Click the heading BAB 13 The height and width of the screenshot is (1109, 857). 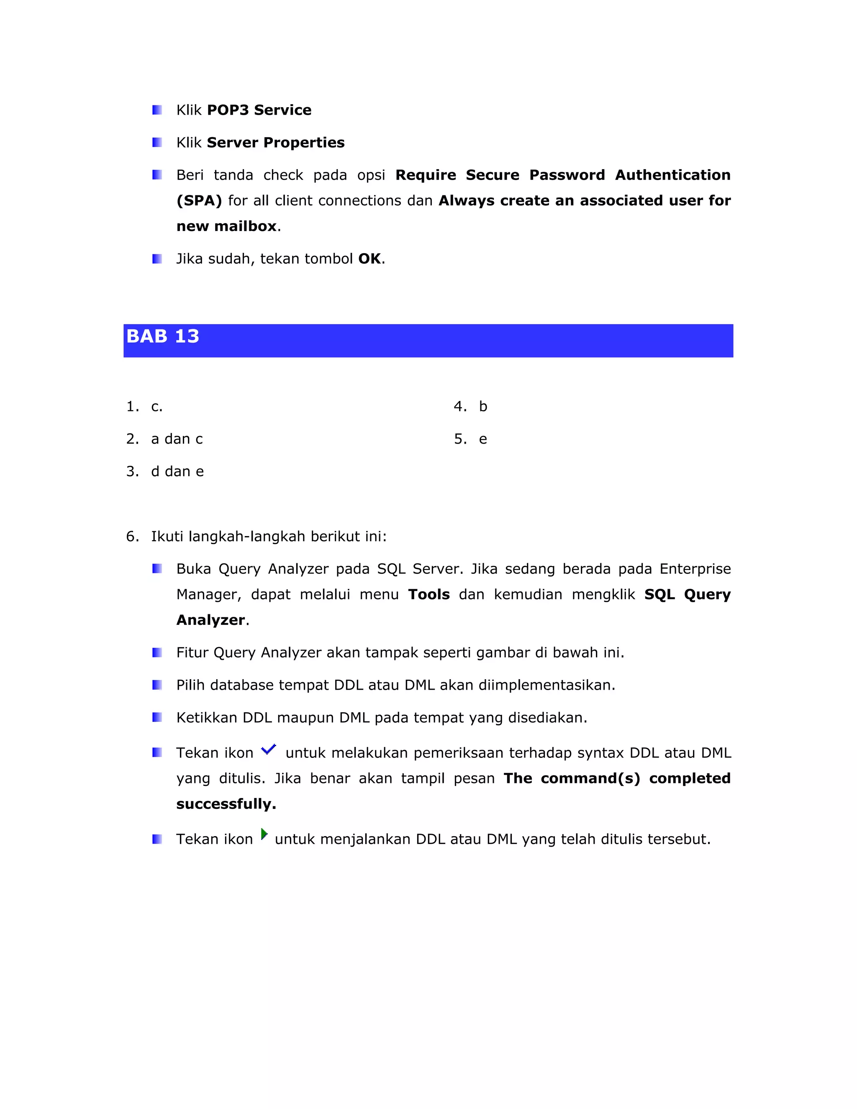click(x=162, y=336)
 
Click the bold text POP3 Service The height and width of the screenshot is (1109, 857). click(x=259, y=110)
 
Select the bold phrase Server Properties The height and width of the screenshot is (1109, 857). click(x=275, y=143)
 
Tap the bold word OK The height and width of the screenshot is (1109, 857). click(x=369, y=259)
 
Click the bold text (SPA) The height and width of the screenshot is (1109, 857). click(x=199, y=200)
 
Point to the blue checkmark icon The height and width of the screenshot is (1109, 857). click(x=268, y=750)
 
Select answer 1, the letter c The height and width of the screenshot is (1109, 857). click(x=156, y=407)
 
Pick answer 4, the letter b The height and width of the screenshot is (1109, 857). click(x=483, y=407)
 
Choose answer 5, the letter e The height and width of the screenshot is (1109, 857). click(x=483, y=439)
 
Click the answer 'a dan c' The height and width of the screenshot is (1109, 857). click(x=177, y=439)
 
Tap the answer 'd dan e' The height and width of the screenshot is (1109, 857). click(x=177, y=472)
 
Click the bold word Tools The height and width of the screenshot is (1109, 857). click(x=428, y=595)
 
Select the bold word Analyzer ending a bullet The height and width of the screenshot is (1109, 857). click(x=210, y=620)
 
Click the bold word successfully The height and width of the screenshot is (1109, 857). click(x=226, y=804)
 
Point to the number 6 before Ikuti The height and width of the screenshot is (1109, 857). click(x=131, y=537)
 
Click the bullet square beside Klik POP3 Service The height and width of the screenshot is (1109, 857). click(x=157, y=110)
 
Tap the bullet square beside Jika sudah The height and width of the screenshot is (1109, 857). click(x=157, y=259)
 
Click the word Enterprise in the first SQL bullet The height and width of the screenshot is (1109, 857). click(x=695, y=569)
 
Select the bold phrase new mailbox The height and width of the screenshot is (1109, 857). click(x=226, y=226)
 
